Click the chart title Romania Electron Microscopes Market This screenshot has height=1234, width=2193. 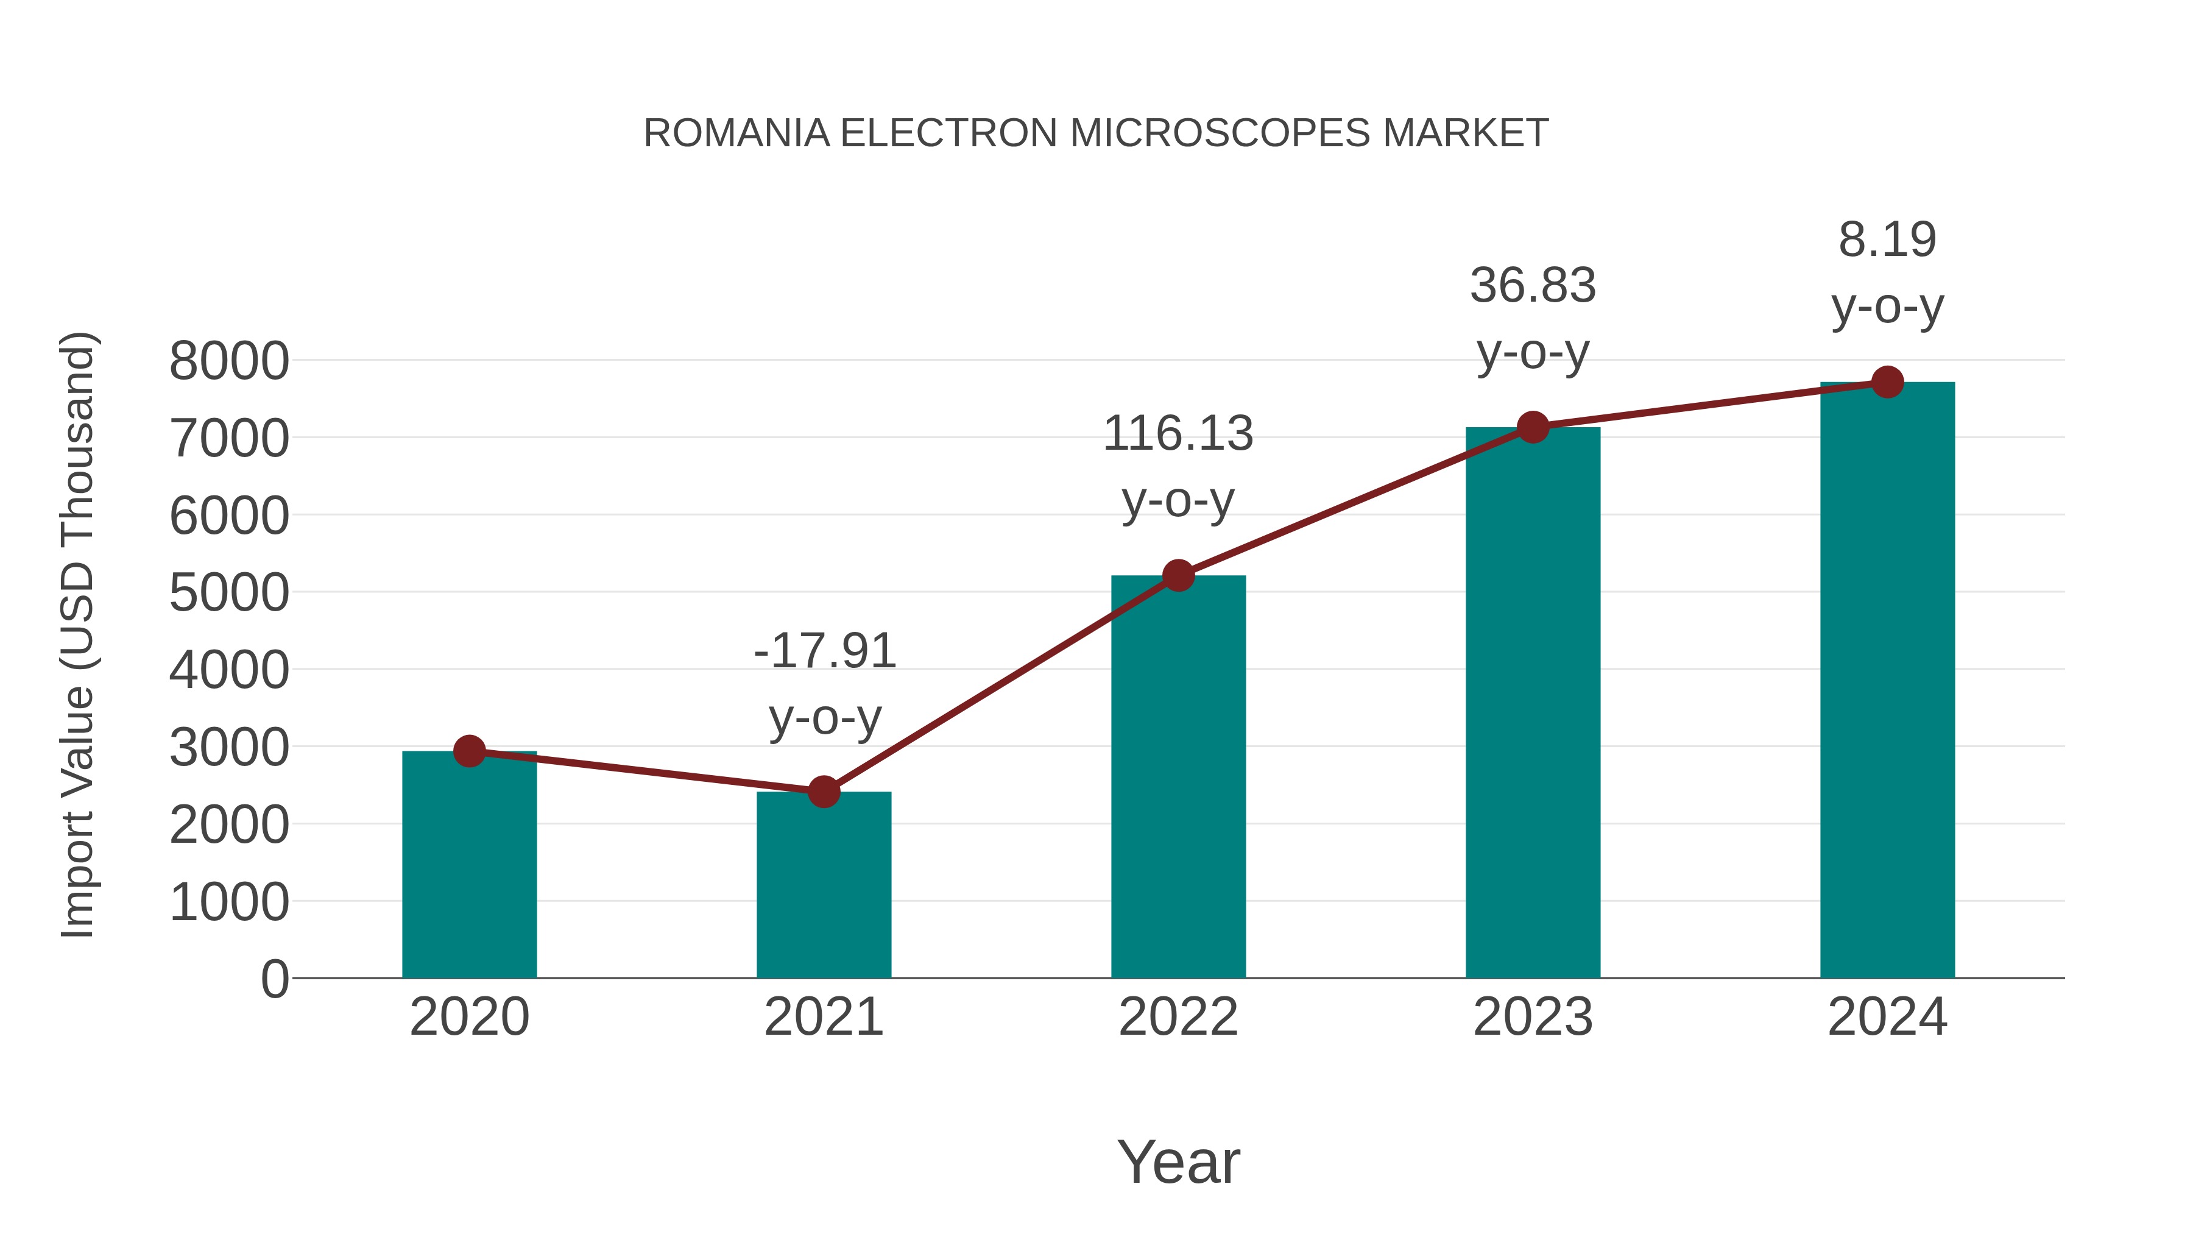[1096, 133]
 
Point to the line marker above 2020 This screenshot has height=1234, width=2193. [469, 751]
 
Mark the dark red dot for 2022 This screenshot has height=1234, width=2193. [1178, 576]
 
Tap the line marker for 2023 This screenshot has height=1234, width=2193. [1533, 427]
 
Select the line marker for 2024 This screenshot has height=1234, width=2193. [1887, 382]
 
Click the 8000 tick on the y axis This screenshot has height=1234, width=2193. [229, 361]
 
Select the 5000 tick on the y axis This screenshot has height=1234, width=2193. [229, 593]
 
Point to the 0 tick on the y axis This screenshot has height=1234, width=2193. [275, 979]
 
